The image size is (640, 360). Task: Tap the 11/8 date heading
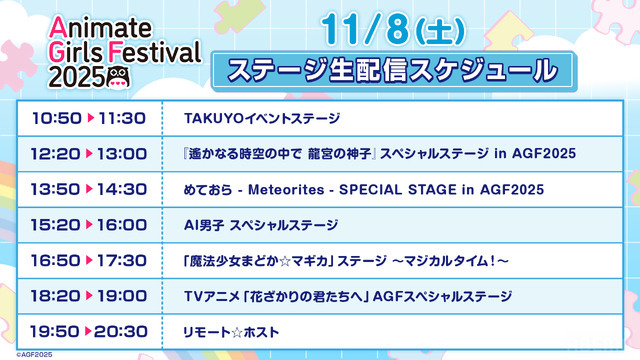point(391,32)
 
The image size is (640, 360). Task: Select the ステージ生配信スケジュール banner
point(391,71)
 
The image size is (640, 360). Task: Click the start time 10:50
point(57,119)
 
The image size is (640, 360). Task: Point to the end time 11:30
point(121,119)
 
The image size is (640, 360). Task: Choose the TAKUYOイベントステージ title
point(262,119)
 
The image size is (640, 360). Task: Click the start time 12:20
point(57,154)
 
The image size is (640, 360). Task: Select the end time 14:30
point(121,190)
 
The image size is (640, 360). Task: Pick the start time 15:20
point(57,225)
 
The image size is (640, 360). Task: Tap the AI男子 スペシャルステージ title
point(261,225)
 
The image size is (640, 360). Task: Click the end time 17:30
point(121,260)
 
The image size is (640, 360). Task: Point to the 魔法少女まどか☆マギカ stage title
point(346,260)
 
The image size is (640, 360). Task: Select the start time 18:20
point(57,296)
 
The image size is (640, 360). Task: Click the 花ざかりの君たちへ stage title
point(348,296)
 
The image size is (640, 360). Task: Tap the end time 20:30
point(121,331)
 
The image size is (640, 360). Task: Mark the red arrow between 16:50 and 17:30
point(90,260)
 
